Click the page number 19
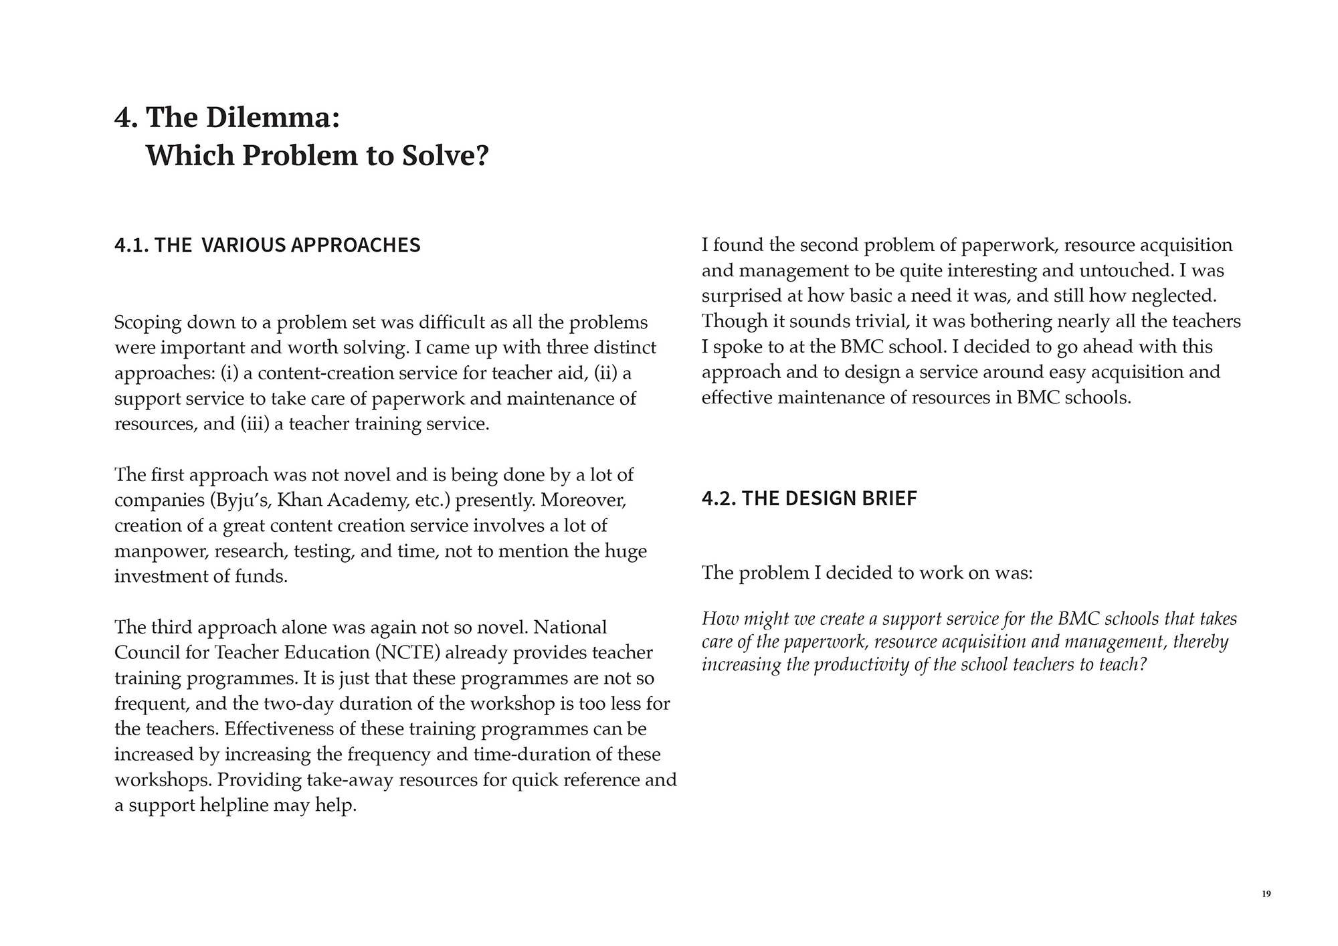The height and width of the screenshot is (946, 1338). (x=1266, y=894)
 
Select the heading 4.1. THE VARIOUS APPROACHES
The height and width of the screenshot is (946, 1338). (x=268, y=245)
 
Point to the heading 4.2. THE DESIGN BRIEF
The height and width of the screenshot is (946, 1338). (x=809, y=498)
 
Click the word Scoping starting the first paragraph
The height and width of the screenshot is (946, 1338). (x=148, y=322)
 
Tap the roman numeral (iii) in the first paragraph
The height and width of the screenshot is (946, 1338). (x=254, y=424)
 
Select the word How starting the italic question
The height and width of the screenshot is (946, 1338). (x=719, y=619)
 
